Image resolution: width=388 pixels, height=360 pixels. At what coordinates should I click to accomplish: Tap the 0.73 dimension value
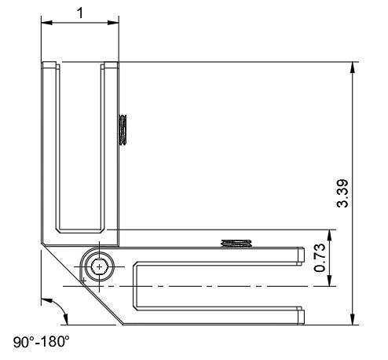(320, 258)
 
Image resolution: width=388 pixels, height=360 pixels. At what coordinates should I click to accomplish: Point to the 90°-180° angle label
(42, 343)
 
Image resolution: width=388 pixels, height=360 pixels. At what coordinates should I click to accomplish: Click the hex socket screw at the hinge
(99, 267)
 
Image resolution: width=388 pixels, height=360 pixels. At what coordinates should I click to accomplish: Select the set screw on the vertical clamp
(123, 130)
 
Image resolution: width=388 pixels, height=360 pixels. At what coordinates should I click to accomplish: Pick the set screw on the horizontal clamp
(236, 241)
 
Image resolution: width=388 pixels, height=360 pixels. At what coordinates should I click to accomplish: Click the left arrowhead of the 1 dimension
(46, 23)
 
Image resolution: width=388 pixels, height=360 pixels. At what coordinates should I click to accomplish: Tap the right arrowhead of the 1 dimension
(114, 23)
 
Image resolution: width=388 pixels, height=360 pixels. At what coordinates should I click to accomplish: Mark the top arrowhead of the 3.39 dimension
(353, 68)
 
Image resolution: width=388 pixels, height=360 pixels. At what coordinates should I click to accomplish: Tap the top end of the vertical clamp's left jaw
(49, 64)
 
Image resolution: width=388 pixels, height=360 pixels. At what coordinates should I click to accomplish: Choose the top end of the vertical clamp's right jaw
(111, 64)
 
